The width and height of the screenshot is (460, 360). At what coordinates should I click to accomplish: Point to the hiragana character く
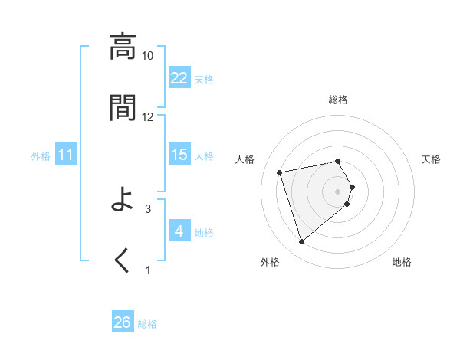(x=123, y=260)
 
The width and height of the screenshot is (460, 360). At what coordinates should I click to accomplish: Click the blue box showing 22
(x=179, y=78)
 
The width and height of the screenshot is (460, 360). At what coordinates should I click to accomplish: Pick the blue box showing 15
(x=179, y=155)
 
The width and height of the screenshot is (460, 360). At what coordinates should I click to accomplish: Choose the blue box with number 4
(x=179, y=231)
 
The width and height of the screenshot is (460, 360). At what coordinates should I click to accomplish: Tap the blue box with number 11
(x=66, y=155)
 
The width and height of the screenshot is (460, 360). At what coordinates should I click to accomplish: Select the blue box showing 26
(x=123, y=322)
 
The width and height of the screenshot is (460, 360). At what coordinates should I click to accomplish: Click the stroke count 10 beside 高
(x=148, y=56)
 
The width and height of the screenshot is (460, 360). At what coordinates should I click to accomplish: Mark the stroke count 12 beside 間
(x=148, y=116)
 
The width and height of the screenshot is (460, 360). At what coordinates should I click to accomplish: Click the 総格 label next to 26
(x=147, y=324)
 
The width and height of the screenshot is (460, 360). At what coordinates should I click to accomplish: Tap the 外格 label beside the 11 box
(x=41, y=156)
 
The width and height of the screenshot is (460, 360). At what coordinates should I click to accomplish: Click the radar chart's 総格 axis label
(x=337, y=100)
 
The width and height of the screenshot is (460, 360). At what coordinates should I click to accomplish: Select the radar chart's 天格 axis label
(x=432, y=159)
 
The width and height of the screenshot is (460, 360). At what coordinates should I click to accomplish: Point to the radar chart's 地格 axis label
(x=402, y=262)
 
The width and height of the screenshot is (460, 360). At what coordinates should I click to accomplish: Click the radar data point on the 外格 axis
(x=302, y=241)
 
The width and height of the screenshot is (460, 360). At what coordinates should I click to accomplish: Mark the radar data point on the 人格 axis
(x=280, y=172)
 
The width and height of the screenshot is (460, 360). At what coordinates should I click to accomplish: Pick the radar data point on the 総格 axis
(x=337, y=161)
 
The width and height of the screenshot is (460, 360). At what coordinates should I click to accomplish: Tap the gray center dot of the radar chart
(x=337, y=191)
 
